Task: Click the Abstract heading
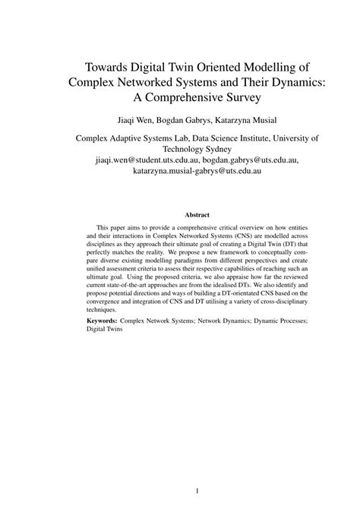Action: point(197,215)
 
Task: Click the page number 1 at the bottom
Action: point(197,491)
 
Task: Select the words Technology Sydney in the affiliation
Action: point(197,150)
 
